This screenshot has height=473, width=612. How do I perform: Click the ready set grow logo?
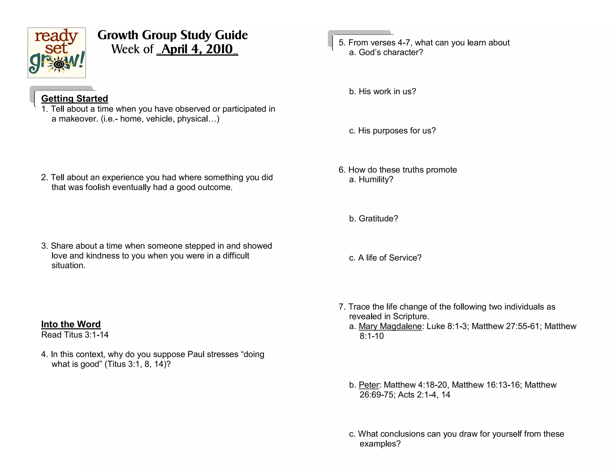57,53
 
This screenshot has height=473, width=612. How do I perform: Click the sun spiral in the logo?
59,64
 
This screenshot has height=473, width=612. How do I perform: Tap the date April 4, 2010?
197,49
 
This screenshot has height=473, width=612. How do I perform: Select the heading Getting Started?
74,98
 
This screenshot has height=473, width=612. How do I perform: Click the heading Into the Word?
71,324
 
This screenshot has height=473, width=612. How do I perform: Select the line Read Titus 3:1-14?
75,335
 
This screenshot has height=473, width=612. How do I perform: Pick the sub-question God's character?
391,52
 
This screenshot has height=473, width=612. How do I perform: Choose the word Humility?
376,179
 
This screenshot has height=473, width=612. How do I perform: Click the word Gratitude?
378,219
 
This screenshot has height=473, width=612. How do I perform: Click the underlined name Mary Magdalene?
390,326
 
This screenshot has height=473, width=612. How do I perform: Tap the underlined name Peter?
369,385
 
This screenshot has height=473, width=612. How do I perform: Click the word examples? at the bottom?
380,444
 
